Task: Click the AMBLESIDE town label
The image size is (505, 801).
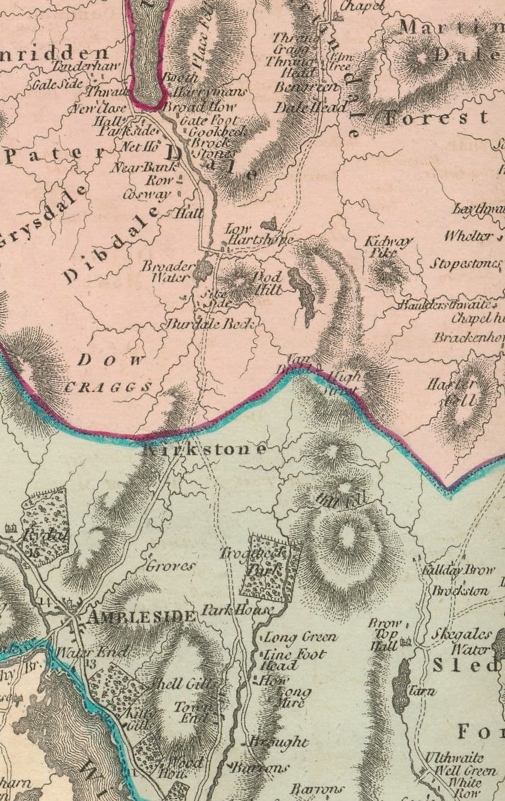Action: click(x=141, y=616)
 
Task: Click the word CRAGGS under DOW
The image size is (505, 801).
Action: click(x=108, y=387)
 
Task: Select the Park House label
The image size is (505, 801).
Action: click(x=237, y=610)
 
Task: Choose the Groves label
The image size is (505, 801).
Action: click(x=171, y=565)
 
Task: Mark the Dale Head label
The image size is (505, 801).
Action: click(x=311, y=108)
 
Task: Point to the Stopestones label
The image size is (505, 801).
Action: click(x=465, y=263)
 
